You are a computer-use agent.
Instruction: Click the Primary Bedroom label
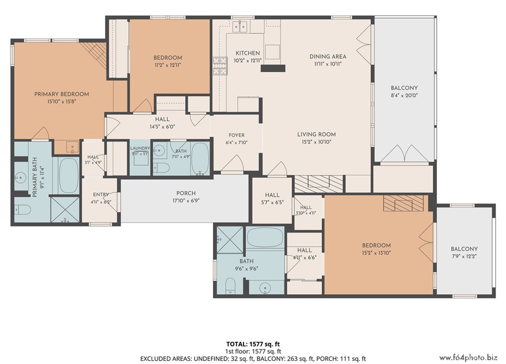62,94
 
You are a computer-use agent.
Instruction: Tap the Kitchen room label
248,53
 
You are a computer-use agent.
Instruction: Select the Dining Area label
328,56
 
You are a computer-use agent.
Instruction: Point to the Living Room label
316,135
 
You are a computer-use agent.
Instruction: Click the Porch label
186,193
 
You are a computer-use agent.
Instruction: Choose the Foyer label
237,136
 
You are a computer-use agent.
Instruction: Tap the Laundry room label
140,148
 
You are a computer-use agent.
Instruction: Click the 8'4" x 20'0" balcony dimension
404,95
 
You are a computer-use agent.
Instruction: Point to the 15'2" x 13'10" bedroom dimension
376,253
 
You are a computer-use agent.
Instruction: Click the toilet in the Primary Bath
23,210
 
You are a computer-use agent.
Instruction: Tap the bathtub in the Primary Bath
68,176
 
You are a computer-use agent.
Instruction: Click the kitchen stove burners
220,66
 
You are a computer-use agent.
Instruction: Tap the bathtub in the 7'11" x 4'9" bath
201,159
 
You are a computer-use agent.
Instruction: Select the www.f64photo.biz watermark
468,357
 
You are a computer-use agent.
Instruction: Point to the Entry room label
101,194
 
